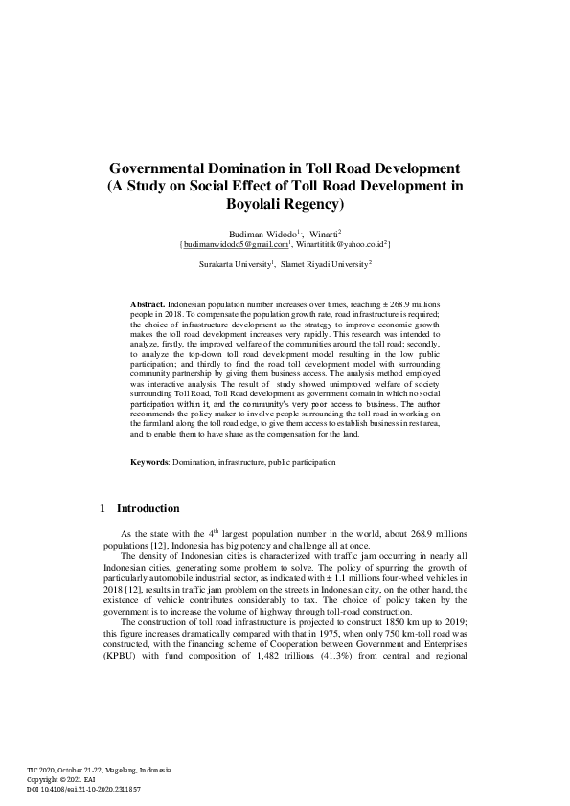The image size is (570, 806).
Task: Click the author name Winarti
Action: (322, 233)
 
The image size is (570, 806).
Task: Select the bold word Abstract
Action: (148, 302)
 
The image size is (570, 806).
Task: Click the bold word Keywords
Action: (149, 462)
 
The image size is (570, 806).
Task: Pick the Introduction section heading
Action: (148, 508)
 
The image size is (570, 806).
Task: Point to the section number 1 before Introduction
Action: (103, 508)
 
